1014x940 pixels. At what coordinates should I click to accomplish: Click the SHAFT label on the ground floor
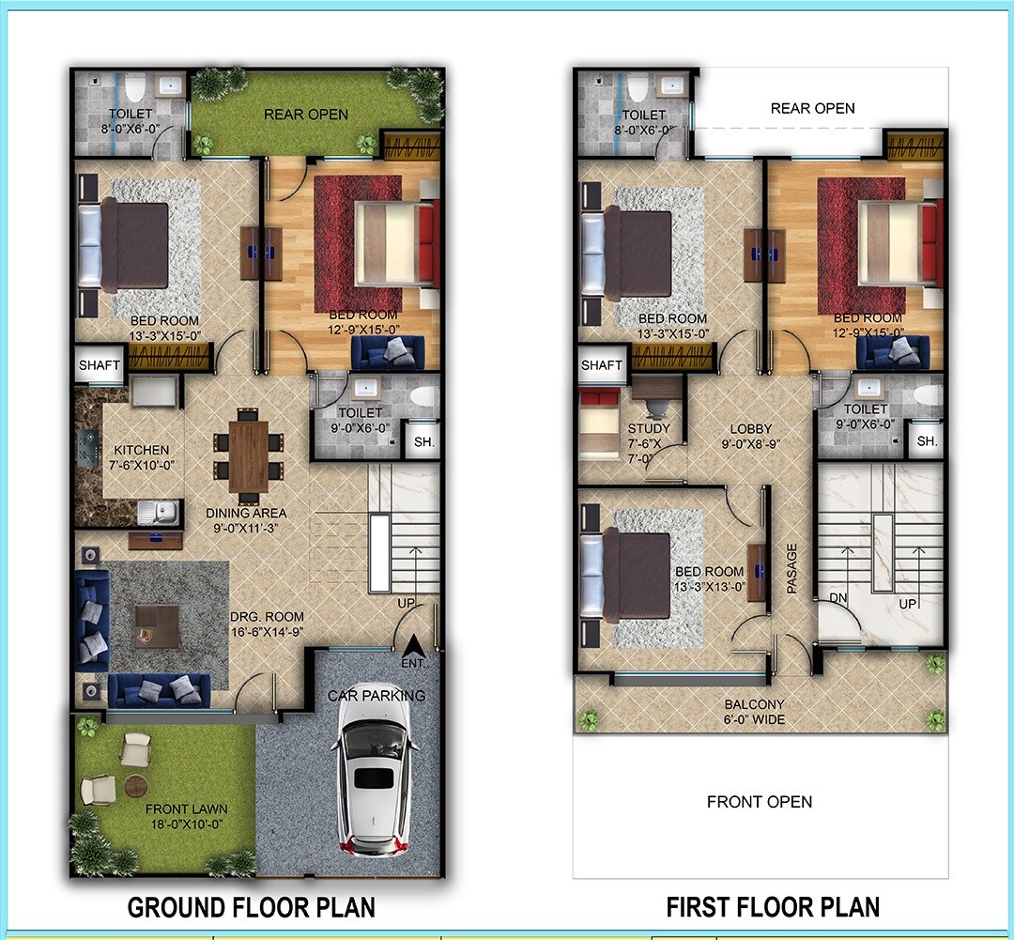pos(99,364)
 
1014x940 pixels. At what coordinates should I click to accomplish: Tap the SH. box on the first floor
pos(927,440)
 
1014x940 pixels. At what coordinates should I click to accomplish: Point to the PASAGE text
pos(791,568)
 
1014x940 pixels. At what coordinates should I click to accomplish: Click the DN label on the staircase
pos(838,598)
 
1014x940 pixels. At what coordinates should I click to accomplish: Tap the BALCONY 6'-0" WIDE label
pos(754,712)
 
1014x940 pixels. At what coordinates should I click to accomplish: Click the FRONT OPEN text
pos(759,802)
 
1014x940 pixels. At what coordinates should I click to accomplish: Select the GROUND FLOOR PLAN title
pos(251,907)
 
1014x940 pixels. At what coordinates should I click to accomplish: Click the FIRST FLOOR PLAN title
pos(773,907)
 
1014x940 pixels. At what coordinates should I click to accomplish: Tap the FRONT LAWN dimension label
pos(185,816)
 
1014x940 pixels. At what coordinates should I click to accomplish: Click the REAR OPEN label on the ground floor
pos(305,115)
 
